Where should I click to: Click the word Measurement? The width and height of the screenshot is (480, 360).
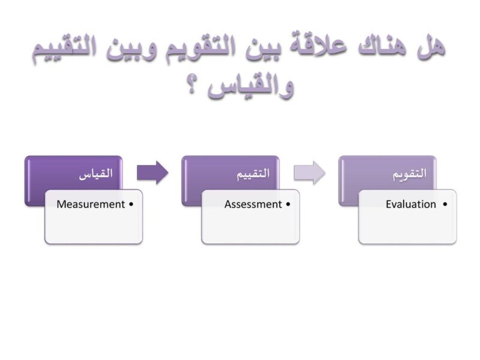point(91,205)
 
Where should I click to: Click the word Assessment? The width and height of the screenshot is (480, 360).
point(253,205)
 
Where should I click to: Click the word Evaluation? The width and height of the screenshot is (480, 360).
point(411,205)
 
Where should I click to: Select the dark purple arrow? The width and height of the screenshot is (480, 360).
point(152,173)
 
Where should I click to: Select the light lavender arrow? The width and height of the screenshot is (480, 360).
point(309,173)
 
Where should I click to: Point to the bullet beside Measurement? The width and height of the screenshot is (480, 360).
point(131,205)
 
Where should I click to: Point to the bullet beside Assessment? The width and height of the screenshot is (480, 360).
point(288,205)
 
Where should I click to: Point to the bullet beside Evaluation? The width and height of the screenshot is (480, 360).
point(445,205)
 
